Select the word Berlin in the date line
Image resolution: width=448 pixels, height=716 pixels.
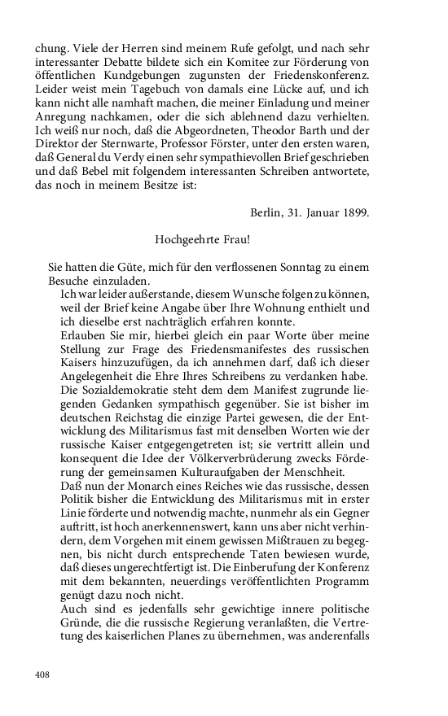pos(267,213)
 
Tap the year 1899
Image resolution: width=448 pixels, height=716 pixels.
pos(354,213)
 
